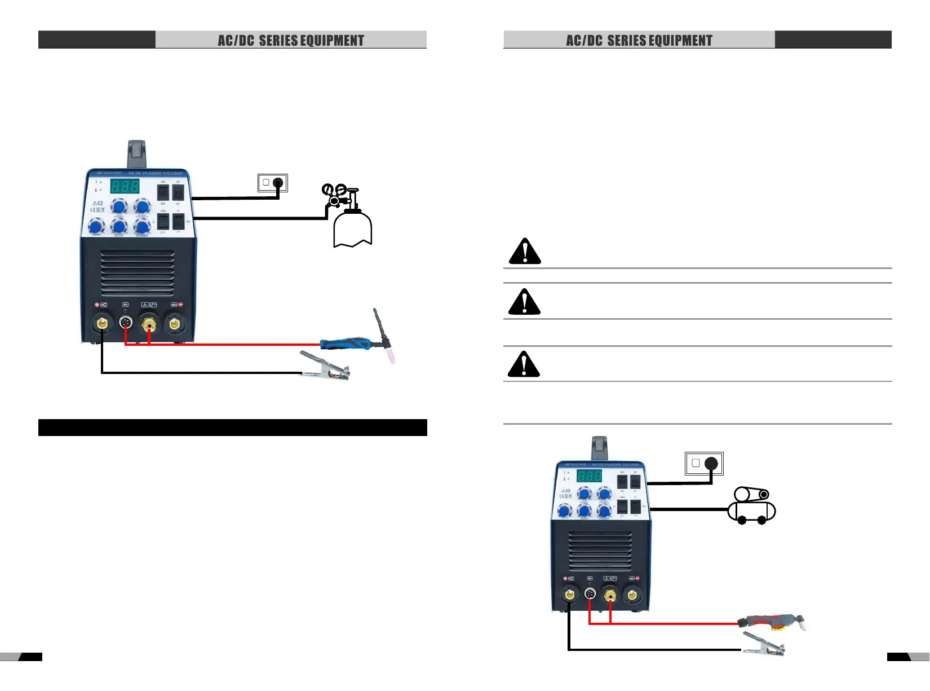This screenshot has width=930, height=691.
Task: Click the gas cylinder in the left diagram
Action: (352, 228)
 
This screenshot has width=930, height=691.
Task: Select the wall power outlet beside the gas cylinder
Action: (273, 183)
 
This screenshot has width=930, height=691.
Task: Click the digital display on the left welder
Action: (124, 186)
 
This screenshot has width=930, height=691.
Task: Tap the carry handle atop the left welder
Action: (137, 153)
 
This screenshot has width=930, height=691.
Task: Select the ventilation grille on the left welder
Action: (137, 273)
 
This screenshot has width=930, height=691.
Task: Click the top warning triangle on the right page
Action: (525, 252)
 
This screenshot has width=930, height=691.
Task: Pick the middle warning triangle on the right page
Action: (524, 302)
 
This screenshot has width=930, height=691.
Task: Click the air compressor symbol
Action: (752, 506)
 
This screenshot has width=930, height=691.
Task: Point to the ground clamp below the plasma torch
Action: (763, 644)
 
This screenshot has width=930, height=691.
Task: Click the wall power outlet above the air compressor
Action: (704, 464)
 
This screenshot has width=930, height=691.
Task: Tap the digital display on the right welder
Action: (589, 476)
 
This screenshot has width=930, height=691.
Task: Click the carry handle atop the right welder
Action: (599, 448)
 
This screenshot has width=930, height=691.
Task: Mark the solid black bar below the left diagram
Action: (232, 428)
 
